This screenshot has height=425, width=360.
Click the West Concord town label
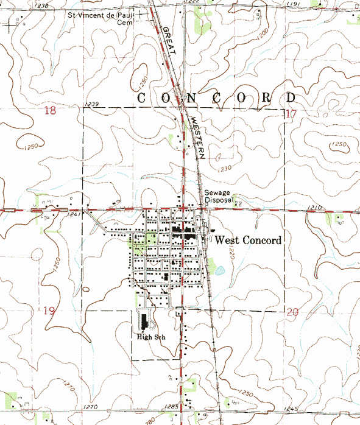249,241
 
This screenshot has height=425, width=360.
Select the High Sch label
152,336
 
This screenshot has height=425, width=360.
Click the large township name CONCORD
217,98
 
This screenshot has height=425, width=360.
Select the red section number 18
50,111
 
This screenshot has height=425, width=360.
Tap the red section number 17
291,113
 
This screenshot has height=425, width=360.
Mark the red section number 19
50,311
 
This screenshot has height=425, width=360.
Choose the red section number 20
292,312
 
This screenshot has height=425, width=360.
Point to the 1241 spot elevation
74,214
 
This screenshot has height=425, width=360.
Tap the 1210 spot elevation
314,208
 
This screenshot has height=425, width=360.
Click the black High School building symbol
144,323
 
